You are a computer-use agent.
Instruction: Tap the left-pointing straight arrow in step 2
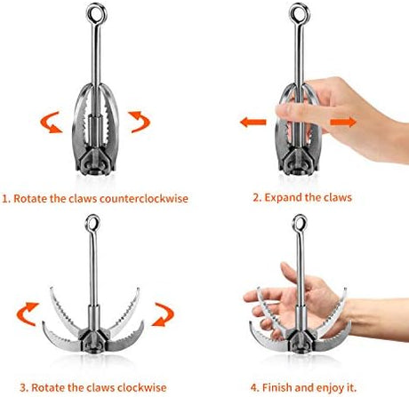(253, 122)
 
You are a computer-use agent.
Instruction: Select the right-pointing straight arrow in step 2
(343, 122)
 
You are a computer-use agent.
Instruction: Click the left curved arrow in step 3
(28, 314)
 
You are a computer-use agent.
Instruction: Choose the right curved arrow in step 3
(163, 314)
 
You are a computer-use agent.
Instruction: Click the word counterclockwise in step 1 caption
(144, 198)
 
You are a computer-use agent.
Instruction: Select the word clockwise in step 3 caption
(141, 387)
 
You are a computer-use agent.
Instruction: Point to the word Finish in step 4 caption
(277, 387)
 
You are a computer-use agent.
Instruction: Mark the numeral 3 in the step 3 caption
(23, 387)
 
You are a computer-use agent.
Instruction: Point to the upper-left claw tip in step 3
(51, 288)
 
